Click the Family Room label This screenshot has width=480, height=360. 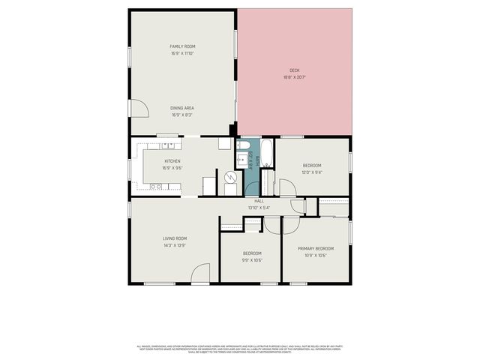click(x=182, y=46)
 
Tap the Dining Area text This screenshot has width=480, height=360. click(x=182, y=108)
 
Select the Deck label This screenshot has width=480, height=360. click(x=295, y=70)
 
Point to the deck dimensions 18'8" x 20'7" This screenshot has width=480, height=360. click(x=295, y=77)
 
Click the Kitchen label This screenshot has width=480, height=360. click(x=172, y=161)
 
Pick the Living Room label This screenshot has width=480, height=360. click(x=174, y=238)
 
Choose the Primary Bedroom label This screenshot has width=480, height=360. click(x=315, y=248)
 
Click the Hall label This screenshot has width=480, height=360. click(x=259, y=201)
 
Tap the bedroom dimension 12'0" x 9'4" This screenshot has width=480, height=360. click(x=312, y=172)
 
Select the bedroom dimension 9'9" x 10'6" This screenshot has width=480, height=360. click(x=251, y=260)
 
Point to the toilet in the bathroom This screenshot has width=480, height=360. click(x=242, y=145)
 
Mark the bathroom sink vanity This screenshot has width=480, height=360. click(x=241, y=160)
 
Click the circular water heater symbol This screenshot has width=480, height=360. click(x=231, y=177)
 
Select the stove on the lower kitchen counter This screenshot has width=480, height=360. click(x=157, y=186)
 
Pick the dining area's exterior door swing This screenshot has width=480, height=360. click(x=139, y=109)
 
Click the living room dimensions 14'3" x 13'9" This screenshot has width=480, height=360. click(x=174, y=245)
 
